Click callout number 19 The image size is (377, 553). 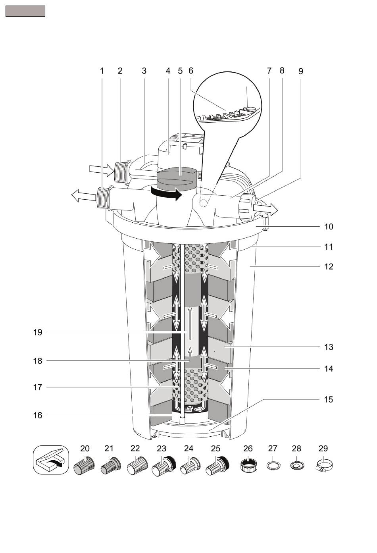pyautogui.click(x=38, y=332)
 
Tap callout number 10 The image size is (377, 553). pyautogui.click(x=329, y=227)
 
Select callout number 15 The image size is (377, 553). pyautogui.click(x=329, y=399)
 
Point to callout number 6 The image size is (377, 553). pyautogui.click(x=191, y=71)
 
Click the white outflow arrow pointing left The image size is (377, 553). pyautogui.click(x=83, y=196)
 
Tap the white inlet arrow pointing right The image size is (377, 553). pyautogui.click(x=102, y=171)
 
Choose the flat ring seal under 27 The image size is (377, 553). pyautogui.click(x=273, y=466)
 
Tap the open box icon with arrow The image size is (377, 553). pyautogui.click(x=51, y=460)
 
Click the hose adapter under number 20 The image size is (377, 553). pyautogui.click(x=84, y=466)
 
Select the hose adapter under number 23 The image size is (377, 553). pyautogui.click(x=163, y=466)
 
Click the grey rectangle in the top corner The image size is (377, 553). pyautogui.click(x=25, y=11)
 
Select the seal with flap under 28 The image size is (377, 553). pyautogui.click(x=297, y=466)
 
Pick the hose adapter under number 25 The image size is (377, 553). pyautogui.click(x=217, y=466)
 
